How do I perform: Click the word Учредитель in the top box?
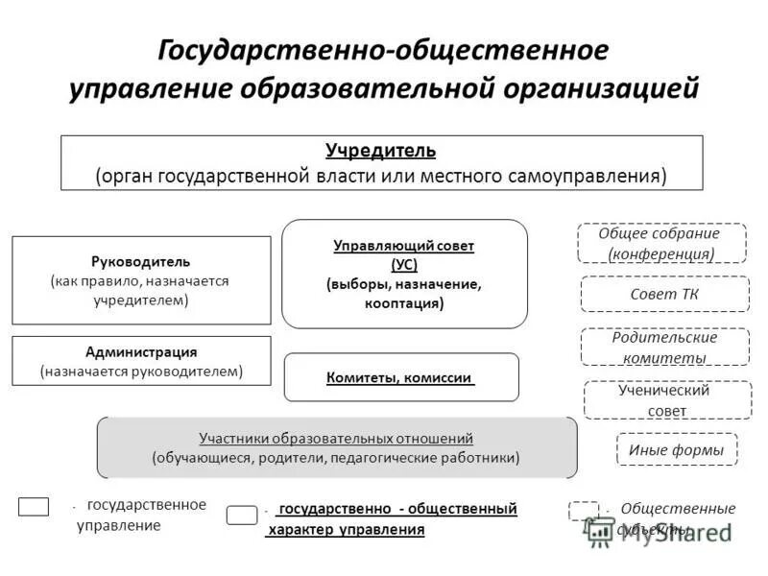point(380,151)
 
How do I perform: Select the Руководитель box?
point(141,280)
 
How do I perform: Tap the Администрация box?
point(141,361)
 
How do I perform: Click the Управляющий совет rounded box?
point(404,275)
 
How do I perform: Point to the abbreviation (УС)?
point(404,265)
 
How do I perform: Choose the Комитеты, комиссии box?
point(401,377)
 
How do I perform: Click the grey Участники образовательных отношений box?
point(337,447)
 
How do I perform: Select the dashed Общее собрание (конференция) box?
point(661,243)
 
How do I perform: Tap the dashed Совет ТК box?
point(664,294)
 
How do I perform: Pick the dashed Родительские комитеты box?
point(664,347)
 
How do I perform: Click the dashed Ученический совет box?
point(667,400)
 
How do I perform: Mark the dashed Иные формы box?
point(676,448)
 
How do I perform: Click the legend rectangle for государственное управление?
point(34,507)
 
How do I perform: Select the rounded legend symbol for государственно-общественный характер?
point(242,516)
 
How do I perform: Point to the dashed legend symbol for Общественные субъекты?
point(583,511)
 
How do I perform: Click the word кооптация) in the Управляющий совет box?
point(404,303)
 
